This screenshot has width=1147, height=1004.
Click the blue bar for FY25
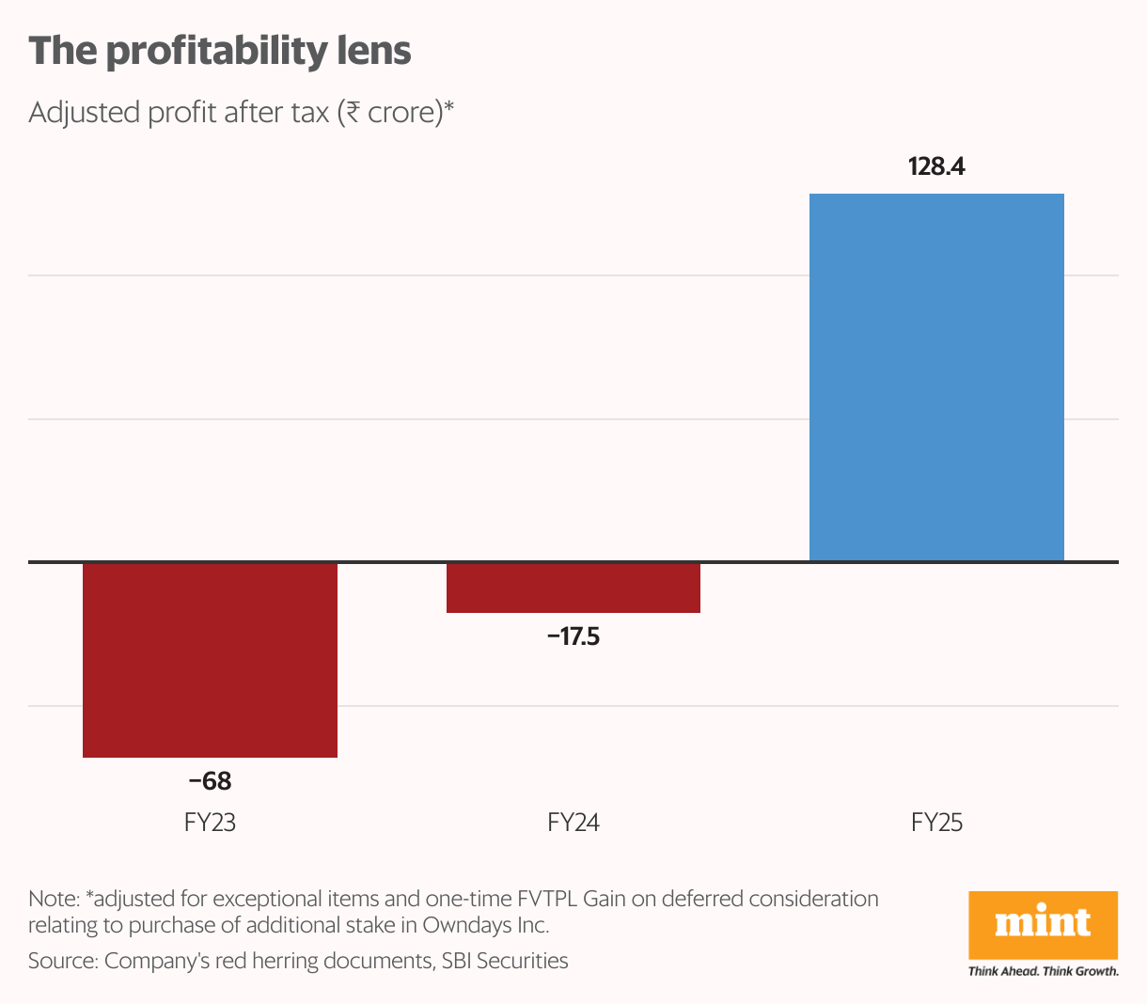pyautogui.click(x=936, y=377)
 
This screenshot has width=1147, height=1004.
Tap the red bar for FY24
pyautogui.click(x=573, y=588)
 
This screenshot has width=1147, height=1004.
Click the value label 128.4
pyautogui.click(x=936, y=167)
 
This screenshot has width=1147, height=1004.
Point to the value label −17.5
pyautogui.click(x=573, y=637)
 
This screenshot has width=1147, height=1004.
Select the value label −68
pyautogui.click(x=210, y=781)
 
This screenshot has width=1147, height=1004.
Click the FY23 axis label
pyautogui.click(x=210, y=824)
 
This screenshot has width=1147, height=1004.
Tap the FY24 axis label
pyautogui.click(x=573, y=824)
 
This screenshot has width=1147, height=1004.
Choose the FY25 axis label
pyautogui.click(x=936, y=824)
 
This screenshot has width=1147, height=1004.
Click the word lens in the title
pyautogui.click(x=375, y=52)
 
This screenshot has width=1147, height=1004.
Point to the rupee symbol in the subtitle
pyautogui.click(x=353, y=113)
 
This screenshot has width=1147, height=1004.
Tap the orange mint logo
pyautogui.click(x=1043, y=925)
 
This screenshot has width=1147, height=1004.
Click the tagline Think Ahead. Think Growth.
pyautogui.click(x=1043, y=971)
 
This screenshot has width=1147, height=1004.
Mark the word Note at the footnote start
pyautogui.click(x=52, y=900)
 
